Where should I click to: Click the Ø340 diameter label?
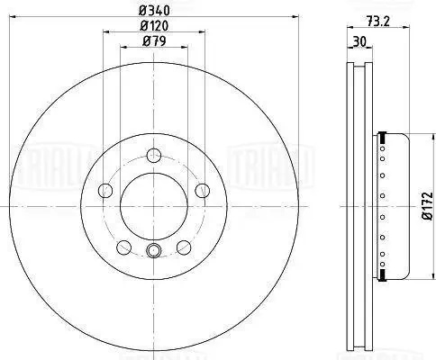point(154,11)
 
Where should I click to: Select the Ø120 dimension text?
point(154,26)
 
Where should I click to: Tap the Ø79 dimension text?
point(154,41)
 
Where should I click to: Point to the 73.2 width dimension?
point(378,22)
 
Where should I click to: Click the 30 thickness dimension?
point(359,41)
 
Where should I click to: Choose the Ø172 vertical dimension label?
point(428,206)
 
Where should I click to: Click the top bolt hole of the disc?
point(154,155)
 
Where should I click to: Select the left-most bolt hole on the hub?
point(105,191)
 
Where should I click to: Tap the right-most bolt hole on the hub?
point(203,191)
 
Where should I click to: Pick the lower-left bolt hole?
point(124,247)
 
